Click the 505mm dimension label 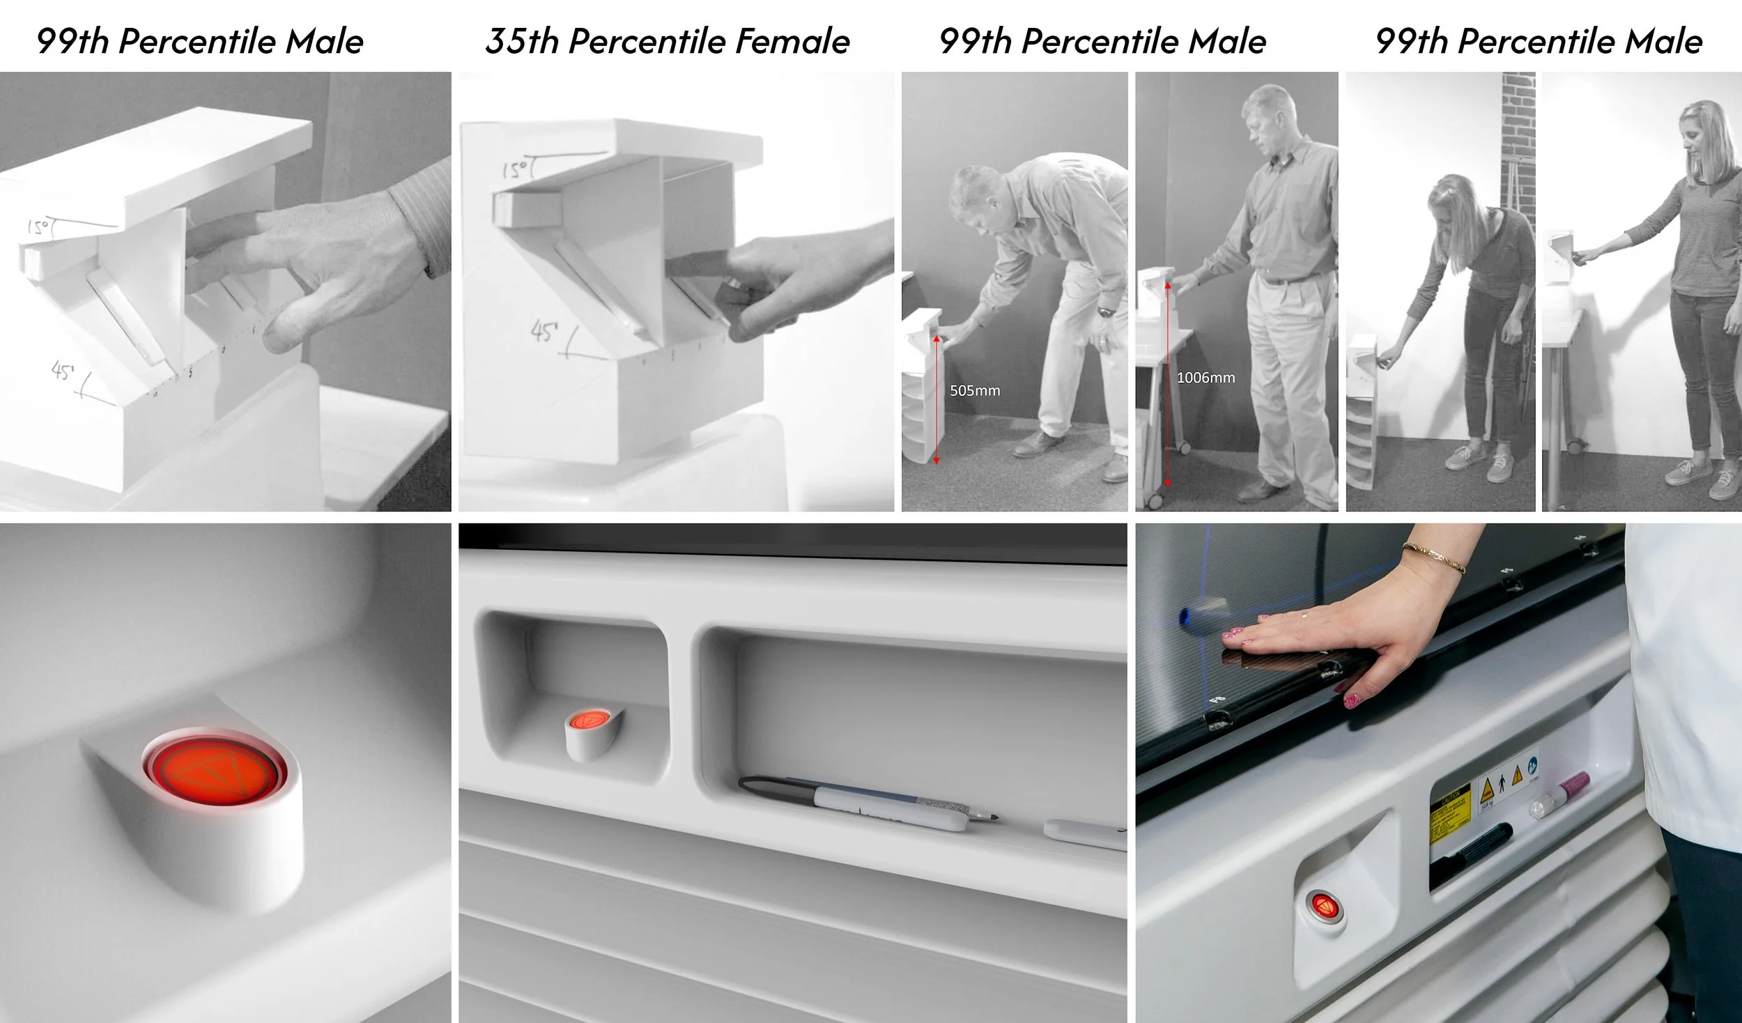pos(974,391)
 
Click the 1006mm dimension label pos(1205,378)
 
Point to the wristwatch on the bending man pos(1105,312)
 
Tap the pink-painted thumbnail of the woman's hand pos(1352,699)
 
